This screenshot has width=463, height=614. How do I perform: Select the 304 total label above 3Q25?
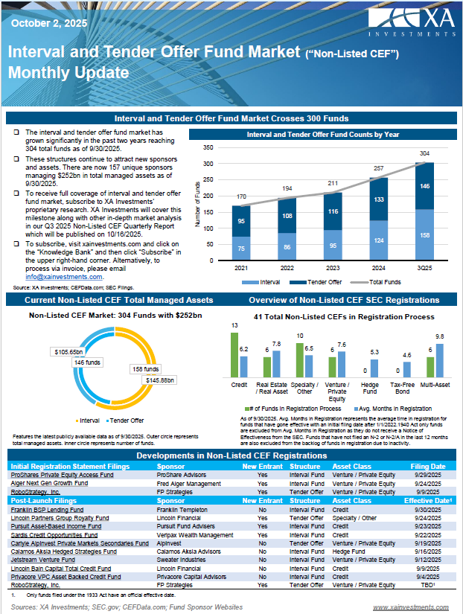click(x=424, y=154)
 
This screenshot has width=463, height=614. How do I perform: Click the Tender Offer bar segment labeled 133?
click(x=378, y=199)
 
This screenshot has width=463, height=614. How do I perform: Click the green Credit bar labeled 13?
click(x=234, y=354)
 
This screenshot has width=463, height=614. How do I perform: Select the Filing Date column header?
click(x=429, y=467)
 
